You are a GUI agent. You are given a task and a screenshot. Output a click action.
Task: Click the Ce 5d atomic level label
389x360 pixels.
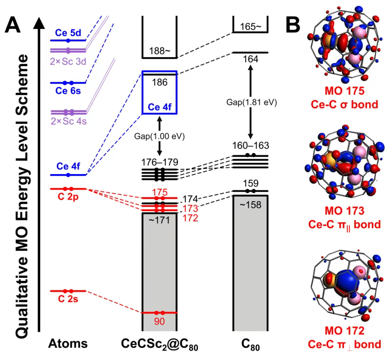[68, 33]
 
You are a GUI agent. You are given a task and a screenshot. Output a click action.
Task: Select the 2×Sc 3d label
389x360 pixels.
[68, 61]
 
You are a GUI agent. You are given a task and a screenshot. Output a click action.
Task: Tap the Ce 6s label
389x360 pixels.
[68, 90]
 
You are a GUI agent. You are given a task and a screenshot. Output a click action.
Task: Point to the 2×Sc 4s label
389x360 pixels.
[69, 121]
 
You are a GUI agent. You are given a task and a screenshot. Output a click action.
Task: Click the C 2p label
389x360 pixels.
[68, 197]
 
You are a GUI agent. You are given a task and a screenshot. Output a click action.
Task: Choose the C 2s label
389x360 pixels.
[68, 299]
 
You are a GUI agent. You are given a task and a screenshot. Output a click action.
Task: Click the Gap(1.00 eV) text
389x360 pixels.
[159, 136]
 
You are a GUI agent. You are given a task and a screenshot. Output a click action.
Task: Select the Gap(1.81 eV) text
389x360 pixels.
[251, 102]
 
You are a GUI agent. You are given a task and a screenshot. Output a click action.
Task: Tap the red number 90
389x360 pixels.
[159, 321]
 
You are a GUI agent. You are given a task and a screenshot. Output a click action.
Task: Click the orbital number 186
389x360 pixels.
[159, 82]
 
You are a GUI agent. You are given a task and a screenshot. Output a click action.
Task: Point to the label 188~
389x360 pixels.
[159, 51]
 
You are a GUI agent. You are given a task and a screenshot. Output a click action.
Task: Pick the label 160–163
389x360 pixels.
[251, 145]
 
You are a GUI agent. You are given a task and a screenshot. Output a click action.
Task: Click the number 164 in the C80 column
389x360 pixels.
[251, 59]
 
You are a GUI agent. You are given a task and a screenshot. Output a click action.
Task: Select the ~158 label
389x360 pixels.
[250, 205]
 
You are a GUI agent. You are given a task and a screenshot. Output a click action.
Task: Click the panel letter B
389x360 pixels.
[293, 25]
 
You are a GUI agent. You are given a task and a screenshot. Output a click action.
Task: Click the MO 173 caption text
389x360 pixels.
[345, 211]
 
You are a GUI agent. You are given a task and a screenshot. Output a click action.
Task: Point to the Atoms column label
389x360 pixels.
[68, 344]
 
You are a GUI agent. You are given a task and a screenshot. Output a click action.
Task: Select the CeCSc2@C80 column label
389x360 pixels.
[159, 345]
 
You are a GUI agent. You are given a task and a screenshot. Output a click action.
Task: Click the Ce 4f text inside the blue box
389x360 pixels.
[159, 107]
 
